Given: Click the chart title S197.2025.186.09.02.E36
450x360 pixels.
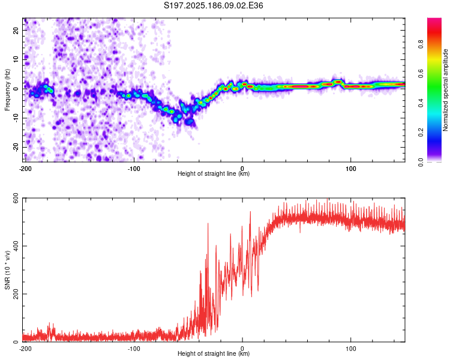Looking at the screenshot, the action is click(213, 5).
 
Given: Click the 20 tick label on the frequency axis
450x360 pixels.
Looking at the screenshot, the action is click(16, 30).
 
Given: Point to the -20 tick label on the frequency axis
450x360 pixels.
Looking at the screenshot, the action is click(16, 147).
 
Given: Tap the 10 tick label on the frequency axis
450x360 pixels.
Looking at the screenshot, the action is click(16, 59).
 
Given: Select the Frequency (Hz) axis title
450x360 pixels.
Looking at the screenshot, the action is click(7, 90).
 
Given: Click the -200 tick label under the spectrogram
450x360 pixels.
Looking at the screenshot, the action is click(25, 169).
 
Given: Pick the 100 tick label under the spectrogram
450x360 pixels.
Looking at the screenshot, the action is click(351, 169).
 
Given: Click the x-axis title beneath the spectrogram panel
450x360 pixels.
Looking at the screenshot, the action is click(214, 173).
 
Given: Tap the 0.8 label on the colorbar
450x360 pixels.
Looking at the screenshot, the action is click(421, 44).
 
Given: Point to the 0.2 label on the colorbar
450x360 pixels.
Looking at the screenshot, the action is click(421, 133).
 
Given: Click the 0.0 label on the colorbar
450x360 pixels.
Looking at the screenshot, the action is click(421, 162).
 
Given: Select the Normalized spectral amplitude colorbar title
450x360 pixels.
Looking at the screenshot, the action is click(445, 90).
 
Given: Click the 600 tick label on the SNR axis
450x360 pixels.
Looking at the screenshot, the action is click(16, 198).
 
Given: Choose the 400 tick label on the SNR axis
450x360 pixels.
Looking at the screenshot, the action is click(16, 246).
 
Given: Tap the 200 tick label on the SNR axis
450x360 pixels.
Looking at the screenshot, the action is click(16, 294).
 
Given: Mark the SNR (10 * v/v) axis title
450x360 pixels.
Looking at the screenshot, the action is click(7, 270).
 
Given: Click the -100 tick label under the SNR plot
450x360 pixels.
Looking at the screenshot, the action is click(134, 349).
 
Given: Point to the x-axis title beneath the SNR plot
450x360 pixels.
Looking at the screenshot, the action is click(214, 353).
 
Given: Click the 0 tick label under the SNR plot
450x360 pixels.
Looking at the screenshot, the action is click(242, 349).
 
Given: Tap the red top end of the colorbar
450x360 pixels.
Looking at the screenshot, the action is click(434, 20).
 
